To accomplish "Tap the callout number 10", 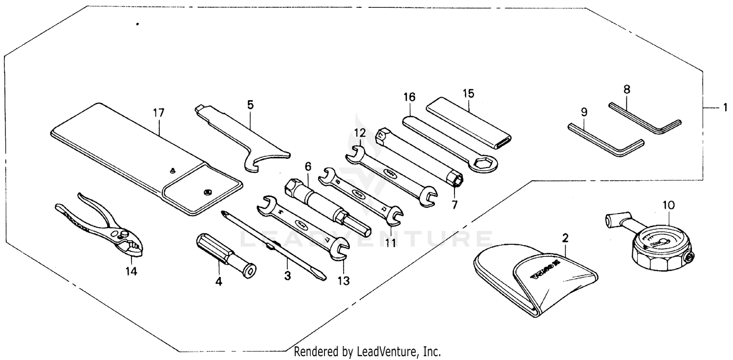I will coord(668,206).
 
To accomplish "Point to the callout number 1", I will coord(725,107).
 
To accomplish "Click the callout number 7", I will coord(454,205).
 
